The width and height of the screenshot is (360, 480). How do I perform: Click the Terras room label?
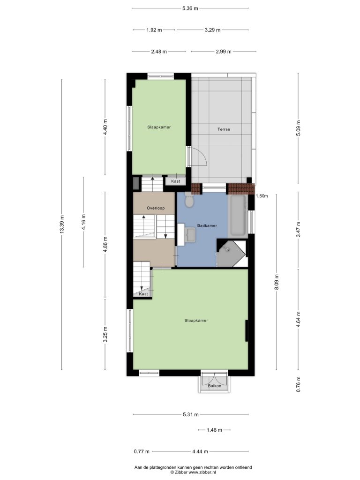pyautogui.click(x=224, y=129)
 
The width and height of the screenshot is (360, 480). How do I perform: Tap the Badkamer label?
pyautogui.click(x=207, y=225)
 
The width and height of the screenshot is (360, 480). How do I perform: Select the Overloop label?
pyautogui.click(x=156, y=208)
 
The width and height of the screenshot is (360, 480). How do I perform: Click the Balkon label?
pyautogui.click(x=214, y=386)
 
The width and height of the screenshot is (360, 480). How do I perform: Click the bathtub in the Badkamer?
pyautogui.click(x=238, y=216)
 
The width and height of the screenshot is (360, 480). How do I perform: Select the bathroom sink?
pyautogui.click(x=190, y=235)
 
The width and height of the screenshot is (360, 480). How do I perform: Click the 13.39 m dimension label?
pyautogui.click(x=62, y=225)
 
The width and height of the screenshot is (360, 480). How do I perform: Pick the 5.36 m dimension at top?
pyautogui.click(x=190, y=8)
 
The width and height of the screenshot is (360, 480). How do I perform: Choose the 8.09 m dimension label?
pyautogui.click(x=277, y=282)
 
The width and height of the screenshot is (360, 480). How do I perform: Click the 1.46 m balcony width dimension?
pyautogui.click(x=214, y=430)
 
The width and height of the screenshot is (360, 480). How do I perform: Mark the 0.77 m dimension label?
pyautogui.click(x=142, y=451)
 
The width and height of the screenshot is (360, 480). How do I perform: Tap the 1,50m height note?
pyautogui.click(x=262, y=196)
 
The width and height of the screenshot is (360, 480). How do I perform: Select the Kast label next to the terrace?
pyautogui.click(x=175, y=181)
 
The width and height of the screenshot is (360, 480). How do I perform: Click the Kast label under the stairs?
pyautogui.click(x=143, y=294)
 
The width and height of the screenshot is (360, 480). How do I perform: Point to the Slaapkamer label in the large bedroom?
pyautogui.click(x=196, y=321)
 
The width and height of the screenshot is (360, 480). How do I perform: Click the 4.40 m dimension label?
pyautogui.click(x=105, y=127)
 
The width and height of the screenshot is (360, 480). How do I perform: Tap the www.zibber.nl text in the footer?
pyautogui.click(x=202, y=472)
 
